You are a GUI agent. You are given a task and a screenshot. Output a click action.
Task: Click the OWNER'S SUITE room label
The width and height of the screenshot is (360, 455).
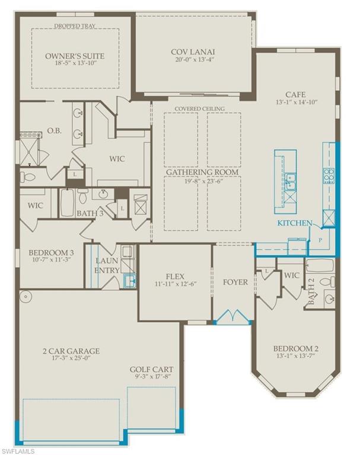point(75,56)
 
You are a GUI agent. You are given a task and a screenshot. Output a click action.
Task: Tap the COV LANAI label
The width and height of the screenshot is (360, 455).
point(193,50)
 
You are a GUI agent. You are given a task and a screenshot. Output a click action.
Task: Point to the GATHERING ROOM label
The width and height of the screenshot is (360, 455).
point(202,172)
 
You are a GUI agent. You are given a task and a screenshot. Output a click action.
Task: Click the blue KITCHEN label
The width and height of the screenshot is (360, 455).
point(295,223)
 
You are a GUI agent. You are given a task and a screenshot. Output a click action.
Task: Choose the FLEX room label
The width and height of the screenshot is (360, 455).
point(175,275)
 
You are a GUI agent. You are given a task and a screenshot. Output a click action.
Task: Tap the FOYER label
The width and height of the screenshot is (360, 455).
point(235,282)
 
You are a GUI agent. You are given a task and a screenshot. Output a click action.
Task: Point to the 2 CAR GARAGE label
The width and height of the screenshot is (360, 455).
point(67,351)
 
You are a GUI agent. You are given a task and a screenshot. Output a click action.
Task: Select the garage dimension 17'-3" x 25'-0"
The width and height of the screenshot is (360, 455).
point(67,359)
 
